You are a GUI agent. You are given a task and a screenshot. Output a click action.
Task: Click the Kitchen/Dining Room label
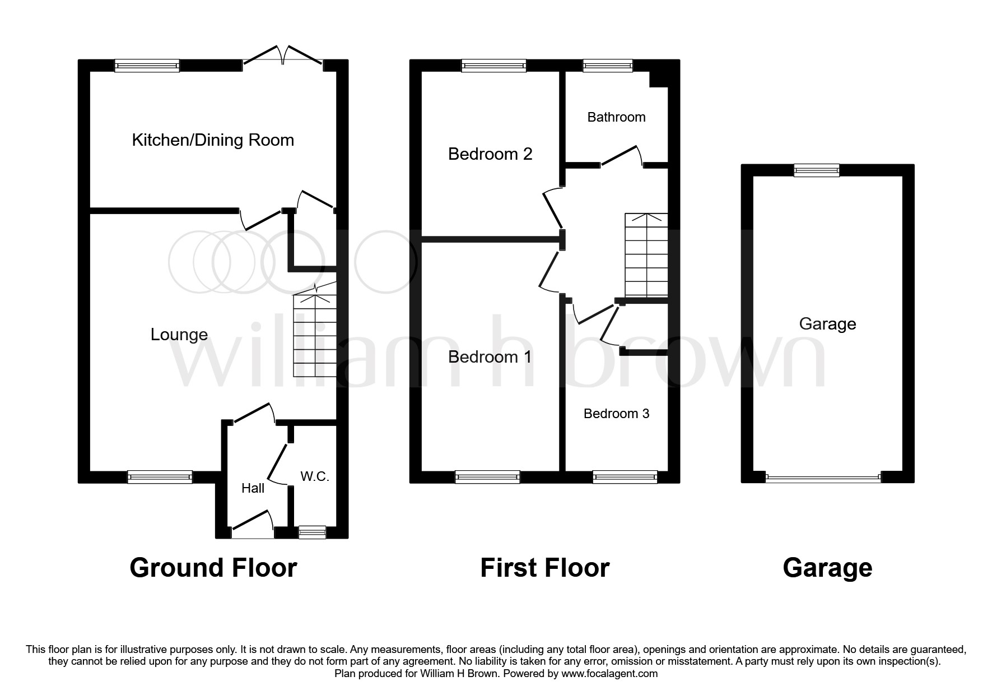point(213,140)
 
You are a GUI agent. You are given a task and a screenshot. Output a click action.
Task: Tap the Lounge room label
point(179,335)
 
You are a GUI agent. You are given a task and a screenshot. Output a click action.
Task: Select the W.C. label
point(315,476)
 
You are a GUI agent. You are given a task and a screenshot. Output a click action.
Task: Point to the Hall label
point(253,488)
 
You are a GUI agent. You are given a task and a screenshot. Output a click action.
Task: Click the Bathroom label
point(616,117)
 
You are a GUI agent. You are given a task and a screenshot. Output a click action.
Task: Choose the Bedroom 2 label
point(490,154)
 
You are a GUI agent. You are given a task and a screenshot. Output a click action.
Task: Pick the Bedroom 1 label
point(490,357)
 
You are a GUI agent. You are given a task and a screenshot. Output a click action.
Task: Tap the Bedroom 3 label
point(616,414)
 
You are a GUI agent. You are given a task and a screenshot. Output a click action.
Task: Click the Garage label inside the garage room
point(827,324)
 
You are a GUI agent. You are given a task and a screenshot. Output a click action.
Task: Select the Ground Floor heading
point(213,568)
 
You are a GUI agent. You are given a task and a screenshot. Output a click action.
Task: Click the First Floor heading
point(544,568)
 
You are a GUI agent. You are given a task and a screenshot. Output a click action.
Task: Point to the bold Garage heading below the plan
point(827,568)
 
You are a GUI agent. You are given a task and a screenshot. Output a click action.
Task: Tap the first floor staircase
point(646,255)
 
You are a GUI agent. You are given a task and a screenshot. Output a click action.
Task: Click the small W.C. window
point(312,532)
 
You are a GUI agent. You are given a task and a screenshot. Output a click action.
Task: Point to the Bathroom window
point(608,66)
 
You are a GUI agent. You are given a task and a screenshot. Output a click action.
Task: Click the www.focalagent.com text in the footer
point(609,674)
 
